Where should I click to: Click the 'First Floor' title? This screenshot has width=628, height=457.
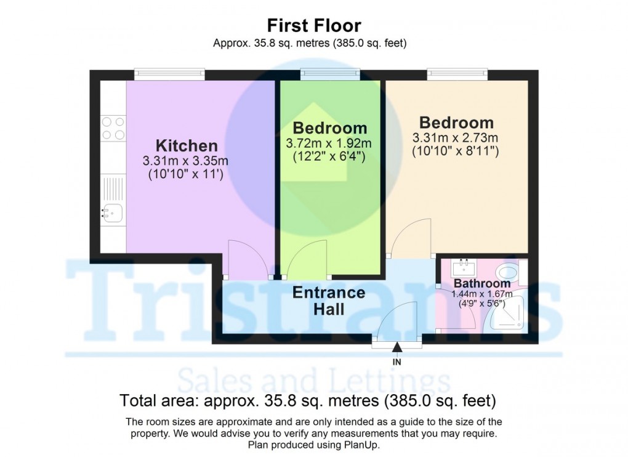[313, 25]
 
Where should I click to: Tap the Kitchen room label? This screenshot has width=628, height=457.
[187, 146]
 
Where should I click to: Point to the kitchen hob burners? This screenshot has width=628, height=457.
[113, 128]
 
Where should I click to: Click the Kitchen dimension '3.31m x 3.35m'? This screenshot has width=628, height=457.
[186, 161]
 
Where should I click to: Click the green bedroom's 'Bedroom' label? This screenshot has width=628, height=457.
[329, 128]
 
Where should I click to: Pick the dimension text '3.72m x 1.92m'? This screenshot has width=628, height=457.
[329, 144]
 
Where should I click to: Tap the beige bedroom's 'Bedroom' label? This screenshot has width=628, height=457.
[456, 122]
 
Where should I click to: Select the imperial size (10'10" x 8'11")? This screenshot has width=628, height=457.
[456, 150]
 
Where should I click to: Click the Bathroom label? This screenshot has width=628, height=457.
[482, 284]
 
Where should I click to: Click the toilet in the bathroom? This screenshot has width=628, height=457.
[508, 272]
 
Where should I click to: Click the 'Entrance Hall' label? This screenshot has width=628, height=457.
[329, 301]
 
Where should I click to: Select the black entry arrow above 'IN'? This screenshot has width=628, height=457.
[397, 349]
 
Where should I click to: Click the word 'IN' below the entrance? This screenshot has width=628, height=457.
[397, 362]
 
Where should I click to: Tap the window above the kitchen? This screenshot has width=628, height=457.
[170, 74]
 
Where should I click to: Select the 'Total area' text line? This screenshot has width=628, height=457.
[308, 402]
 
